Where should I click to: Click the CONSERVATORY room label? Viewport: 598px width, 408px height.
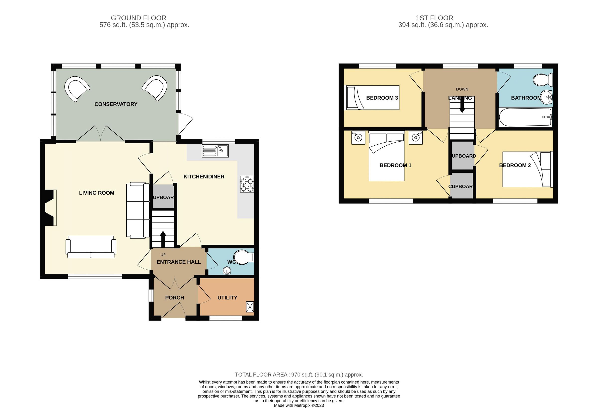116,104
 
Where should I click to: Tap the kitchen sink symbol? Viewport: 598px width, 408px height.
215,151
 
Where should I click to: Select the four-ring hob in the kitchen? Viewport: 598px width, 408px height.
247,184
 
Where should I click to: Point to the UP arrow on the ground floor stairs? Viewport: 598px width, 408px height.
163,239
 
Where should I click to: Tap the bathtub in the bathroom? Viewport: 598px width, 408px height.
525,117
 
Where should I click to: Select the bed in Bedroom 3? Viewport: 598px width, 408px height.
372,98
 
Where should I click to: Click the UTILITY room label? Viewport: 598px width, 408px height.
227,298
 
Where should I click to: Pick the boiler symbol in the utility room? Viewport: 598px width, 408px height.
250,307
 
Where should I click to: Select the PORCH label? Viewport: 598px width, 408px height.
174,298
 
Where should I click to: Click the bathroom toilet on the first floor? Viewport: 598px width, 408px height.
543,80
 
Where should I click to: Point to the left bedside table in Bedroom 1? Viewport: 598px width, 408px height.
358,138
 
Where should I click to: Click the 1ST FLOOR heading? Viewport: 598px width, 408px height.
434,18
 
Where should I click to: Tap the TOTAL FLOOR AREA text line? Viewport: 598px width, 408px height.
299,375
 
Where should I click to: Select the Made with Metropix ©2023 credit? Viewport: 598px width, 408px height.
299,406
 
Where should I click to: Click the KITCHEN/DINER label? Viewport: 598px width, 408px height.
204,177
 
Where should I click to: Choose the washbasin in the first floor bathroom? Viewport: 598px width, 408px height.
546,97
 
